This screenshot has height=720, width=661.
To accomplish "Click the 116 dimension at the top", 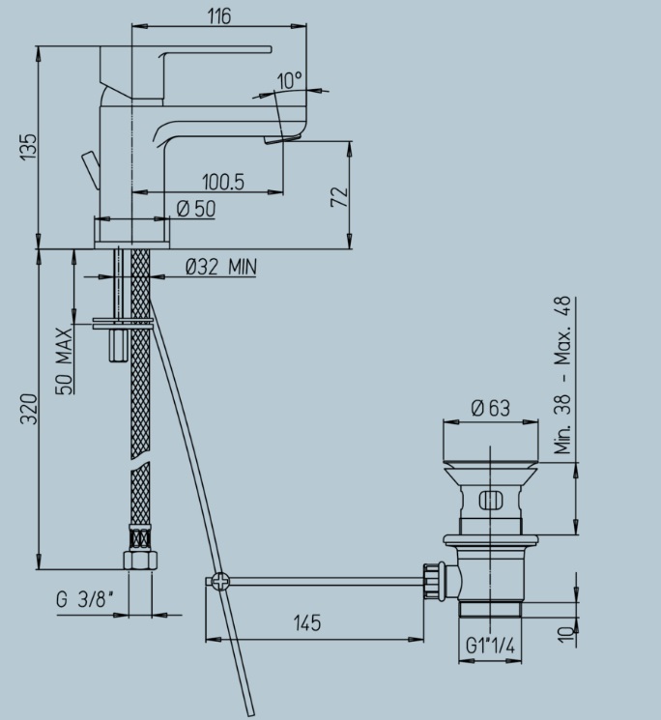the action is point(219,16).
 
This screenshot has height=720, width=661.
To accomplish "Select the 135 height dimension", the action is point(28,147).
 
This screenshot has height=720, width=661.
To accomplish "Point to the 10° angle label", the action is point(290,80).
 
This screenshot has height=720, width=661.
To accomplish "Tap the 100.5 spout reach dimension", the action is point(223,183).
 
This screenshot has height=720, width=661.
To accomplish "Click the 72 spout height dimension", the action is point(340,197).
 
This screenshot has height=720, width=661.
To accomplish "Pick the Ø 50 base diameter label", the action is point(196,209).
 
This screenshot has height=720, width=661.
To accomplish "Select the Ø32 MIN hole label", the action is point(220,267).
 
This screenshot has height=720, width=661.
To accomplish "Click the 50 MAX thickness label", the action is point(64,360).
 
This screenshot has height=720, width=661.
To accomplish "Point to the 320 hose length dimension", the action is point(28,409).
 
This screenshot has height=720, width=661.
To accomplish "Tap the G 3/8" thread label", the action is point(85,599).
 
